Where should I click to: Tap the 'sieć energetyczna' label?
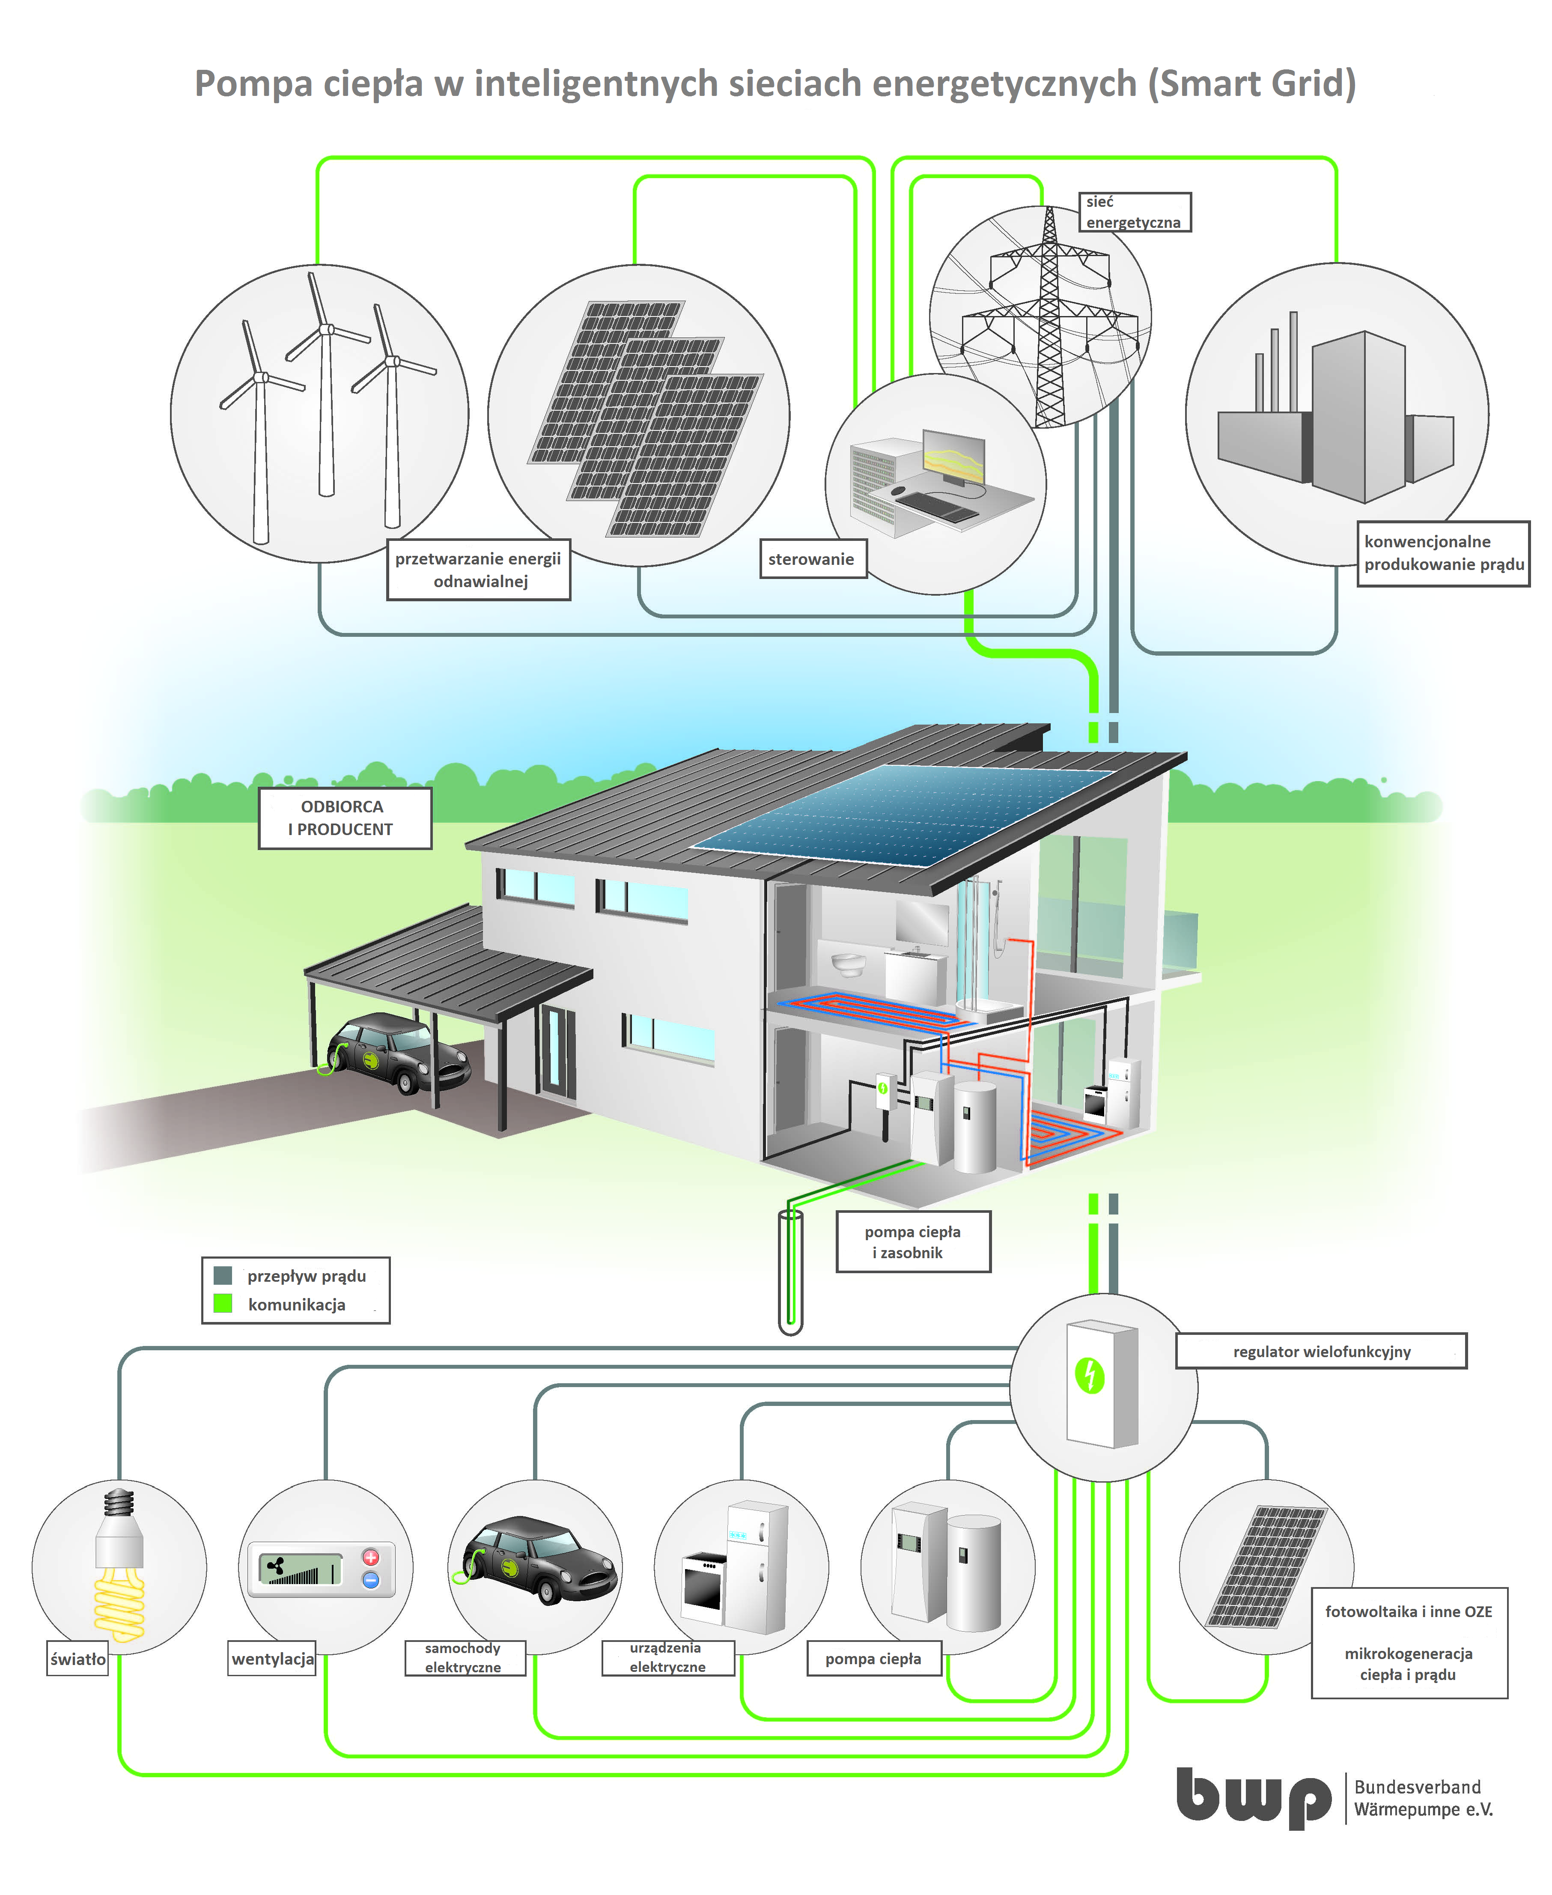(1134, 212)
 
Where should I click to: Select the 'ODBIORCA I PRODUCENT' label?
(344, 818)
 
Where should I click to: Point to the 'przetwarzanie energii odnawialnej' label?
(478, 570)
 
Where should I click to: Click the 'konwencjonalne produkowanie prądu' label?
(1443, 553)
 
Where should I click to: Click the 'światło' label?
(78, 1659)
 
